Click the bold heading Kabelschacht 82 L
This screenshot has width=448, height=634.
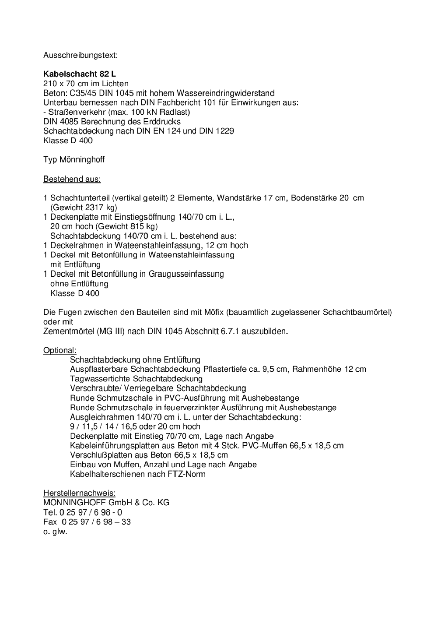[x=80, y=74]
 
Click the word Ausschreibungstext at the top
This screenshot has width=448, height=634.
[x=80, y=55]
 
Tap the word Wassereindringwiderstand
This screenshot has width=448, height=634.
[x=226, y=93]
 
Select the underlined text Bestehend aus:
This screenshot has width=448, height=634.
[x=72, y=179]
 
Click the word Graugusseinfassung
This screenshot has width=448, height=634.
[x=186, y=274]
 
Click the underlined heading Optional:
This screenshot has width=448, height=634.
[x=59, y=350]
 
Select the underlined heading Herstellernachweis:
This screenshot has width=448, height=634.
[x=79, y=493]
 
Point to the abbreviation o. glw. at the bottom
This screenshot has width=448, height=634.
[x=55, y=532]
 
